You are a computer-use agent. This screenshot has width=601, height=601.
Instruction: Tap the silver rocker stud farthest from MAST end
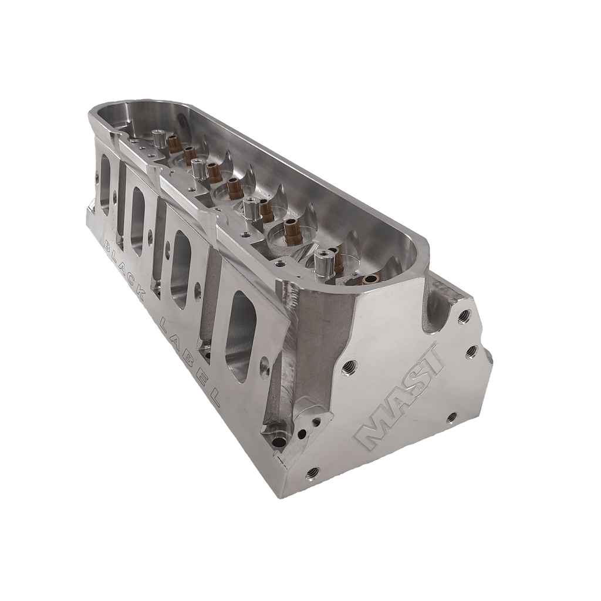coord(157,139)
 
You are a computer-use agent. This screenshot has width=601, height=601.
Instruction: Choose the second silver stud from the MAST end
coord(249,207)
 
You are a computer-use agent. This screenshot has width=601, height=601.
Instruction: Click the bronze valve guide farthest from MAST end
coord(173,143)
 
